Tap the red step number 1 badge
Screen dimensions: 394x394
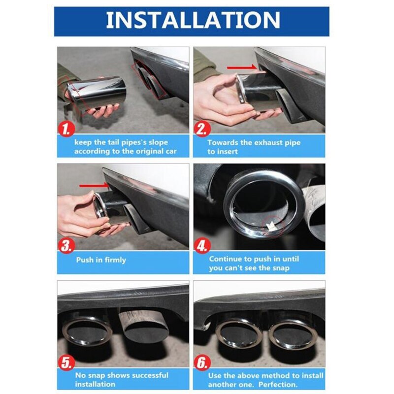[x=66, y=129]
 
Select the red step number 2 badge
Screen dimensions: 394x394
[x=202, y=129]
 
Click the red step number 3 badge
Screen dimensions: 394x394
[x=66, y=246]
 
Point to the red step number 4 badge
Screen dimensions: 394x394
[x=202, y=246]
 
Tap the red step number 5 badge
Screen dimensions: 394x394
[x=66, y=362]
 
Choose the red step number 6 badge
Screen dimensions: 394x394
[x=202, y=362]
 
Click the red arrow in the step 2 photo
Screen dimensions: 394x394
[x=242, y=67]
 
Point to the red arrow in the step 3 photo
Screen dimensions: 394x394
[x=94, y=186]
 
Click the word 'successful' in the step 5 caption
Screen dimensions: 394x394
[x=150, y=375]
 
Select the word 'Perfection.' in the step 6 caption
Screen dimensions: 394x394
[x=278, y=385]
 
